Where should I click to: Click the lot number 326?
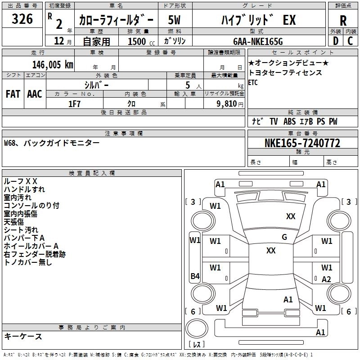tap(22, 19)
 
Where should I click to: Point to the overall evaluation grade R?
tap(343, 20)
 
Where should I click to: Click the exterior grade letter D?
tap(335, 41)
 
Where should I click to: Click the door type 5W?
tap(175, 20)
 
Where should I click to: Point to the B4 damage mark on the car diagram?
tap(195, 276)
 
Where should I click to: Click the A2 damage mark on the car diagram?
tap(327, 279)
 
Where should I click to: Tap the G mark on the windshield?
tap(284, 237)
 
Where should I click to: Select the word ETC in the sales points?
tap(253, 82)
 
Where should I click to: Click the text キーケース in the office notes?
tap(23, 336)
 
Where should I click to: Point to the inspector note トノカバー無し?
tap(28, 262)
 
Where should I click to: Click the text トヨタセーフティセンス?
tap(285, 72)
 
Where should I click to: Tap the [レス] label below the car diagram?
tap(197, 345)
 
